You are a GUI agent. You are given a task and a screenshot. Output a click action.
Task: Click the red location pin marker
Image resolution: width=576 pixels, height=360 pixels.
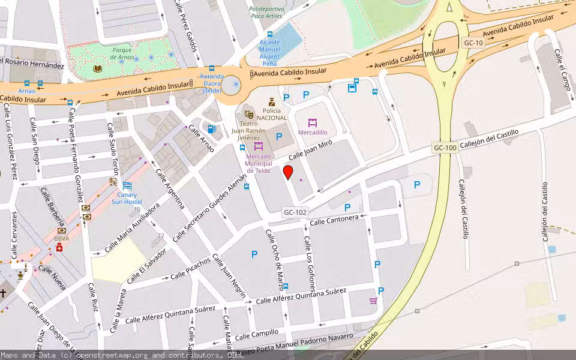tap(288, 173)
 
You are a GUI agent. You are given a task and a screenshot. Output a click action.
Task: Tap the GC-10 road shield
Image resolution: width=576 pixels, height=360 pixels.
tap(473, 43)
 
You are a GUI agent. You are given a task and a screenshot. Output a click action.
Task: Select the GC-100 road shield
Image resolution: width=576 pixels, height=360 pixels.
tap(445, 148)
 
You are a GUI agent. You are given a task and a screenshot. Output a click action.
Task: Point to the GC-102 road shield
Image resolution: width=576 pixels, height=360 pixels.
tap(295, 212)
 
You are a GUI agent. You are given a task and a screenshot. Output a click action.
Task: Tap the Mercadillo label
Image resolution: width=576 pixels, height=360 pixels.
tap(313, 132)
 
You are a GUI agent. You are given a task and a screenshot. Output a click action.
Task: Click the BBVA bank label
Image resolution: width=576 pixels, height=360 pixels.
tap(62, 238)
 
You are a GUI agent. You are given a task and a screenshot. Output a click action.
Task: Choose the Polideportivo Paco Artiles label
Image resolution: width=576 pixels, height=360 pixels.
tap(266, 13)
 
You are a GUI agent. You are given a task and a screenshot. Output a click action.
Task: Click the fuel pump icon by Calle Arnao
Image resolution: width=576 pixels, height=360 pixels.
tap(211, 128)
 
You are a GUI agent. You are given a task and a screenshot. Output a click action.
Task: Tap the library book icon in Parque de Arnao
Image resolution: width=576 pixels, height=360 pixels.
tap(98, 69)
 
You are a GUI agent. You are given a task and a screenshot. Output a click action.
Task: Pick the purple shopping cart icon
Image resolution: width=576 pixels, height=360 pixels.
tap(373, 301)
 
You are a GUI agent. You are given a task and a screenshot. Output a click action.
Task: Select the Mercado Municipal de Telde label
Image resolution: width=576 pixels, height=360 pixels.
tap(259, 160)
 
